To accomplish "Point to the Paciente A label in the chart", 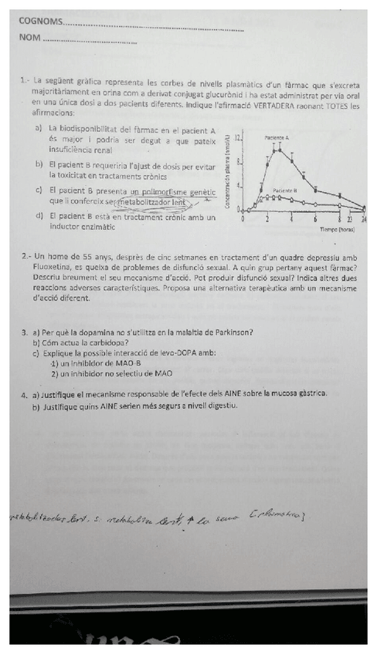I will pyautogui.click(x=277, y=137).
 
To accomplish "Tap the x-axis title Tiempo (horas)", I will pyautogui.click(x=337, y=230).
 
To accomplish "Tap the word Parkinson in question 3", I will pyautogui.click(x=229, y=333).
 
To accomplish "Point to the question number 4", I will pyautogui.click(x=25, y=393).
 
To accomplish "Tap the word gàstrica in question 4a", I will pyautogui.click(x=309, y=393).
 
